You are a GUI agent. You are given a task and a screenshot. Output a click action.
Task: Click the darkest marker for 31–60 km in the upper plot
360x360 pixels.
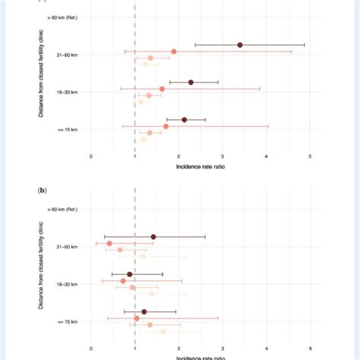click(240, 45)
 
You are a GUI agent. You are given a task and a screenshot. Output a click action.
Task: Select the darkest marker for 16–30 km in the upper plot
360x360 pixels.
click(191, 82)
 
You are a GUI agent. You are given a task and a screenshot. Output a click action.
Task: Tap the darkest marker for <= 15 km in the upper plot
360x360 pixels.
click(184, 119)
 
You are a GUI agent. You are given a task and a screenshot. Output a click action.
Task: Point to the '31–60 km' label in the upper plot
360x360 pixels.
click(70, 55)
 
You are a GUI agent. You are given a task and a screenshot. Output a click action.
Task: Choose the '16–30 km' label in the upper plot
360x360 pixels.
click(70, 92)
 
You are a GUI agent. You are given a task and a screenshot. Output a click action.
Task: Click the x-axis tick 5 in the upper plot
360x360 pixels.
click(310, 156)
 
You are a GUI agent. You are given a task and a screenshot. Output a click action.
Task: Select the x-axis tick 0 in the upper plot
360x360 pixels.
click(91, 156)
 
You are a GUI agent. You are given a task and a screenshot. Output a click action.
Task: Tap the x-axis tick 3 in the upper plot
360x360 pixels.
click(223, 156)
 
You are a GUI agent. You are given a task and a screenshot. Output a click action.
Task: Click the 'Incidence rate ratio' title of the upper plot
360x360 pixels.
click(201, 166)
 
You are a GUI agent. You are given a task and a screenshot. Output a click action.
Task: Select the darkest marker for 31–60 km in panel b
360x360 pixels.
click(153, 237)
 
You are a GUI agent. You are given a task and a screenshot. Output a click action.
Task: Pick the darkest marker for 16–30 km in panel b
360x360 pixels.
click(130, 274)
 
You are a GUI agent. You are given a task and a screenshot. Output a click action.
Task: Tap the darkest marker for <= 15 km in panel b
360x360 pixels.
click(144, 311)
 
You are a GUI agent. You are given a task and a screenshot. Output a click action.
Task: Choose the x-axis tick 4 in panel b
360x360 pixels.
click(267, 349)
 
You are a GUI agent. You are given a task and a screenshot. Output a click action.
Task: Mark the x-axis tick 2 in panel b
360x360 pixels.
click(178, 349)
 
